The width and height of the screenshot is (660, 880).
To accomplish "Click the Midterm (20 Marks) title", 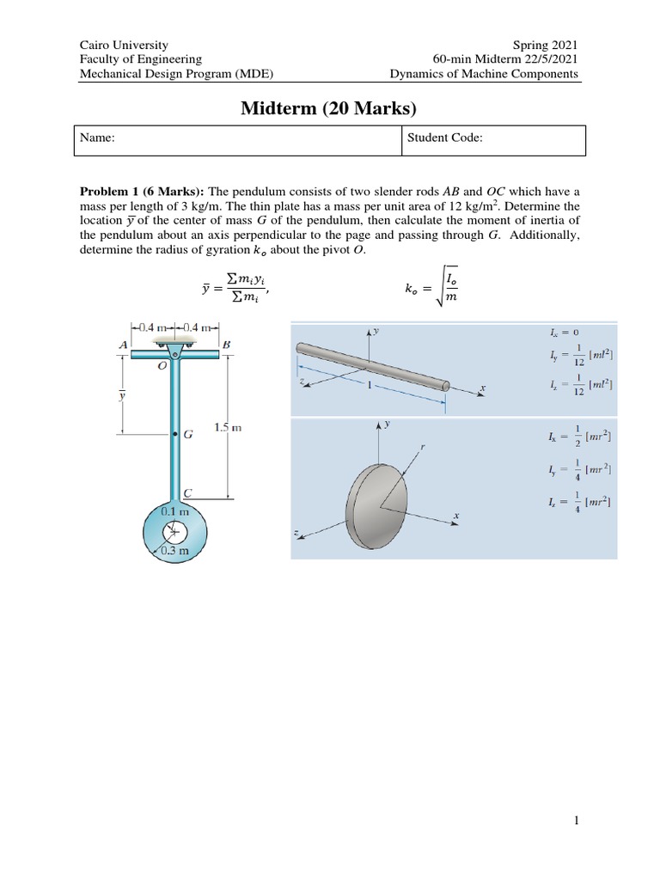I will point(330,108).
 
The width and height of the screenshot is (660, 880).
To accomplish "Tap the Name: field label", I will point(99,137).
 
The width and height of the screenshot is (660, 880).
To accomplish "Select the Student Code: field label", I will point(446,137).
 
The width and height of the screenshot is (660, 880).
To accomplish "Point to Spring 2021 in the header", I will point(546,45).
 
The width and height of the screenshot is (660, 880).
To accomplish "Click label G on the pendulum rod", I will point(188,435).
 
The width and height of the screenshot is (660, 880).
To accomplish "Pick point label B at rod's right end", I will point(227,344).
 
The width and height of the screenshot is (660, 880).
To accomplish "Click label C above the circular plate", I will point(186,492).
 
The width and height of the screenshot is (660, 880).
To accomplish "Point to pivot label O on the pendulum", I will point(162,365).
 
